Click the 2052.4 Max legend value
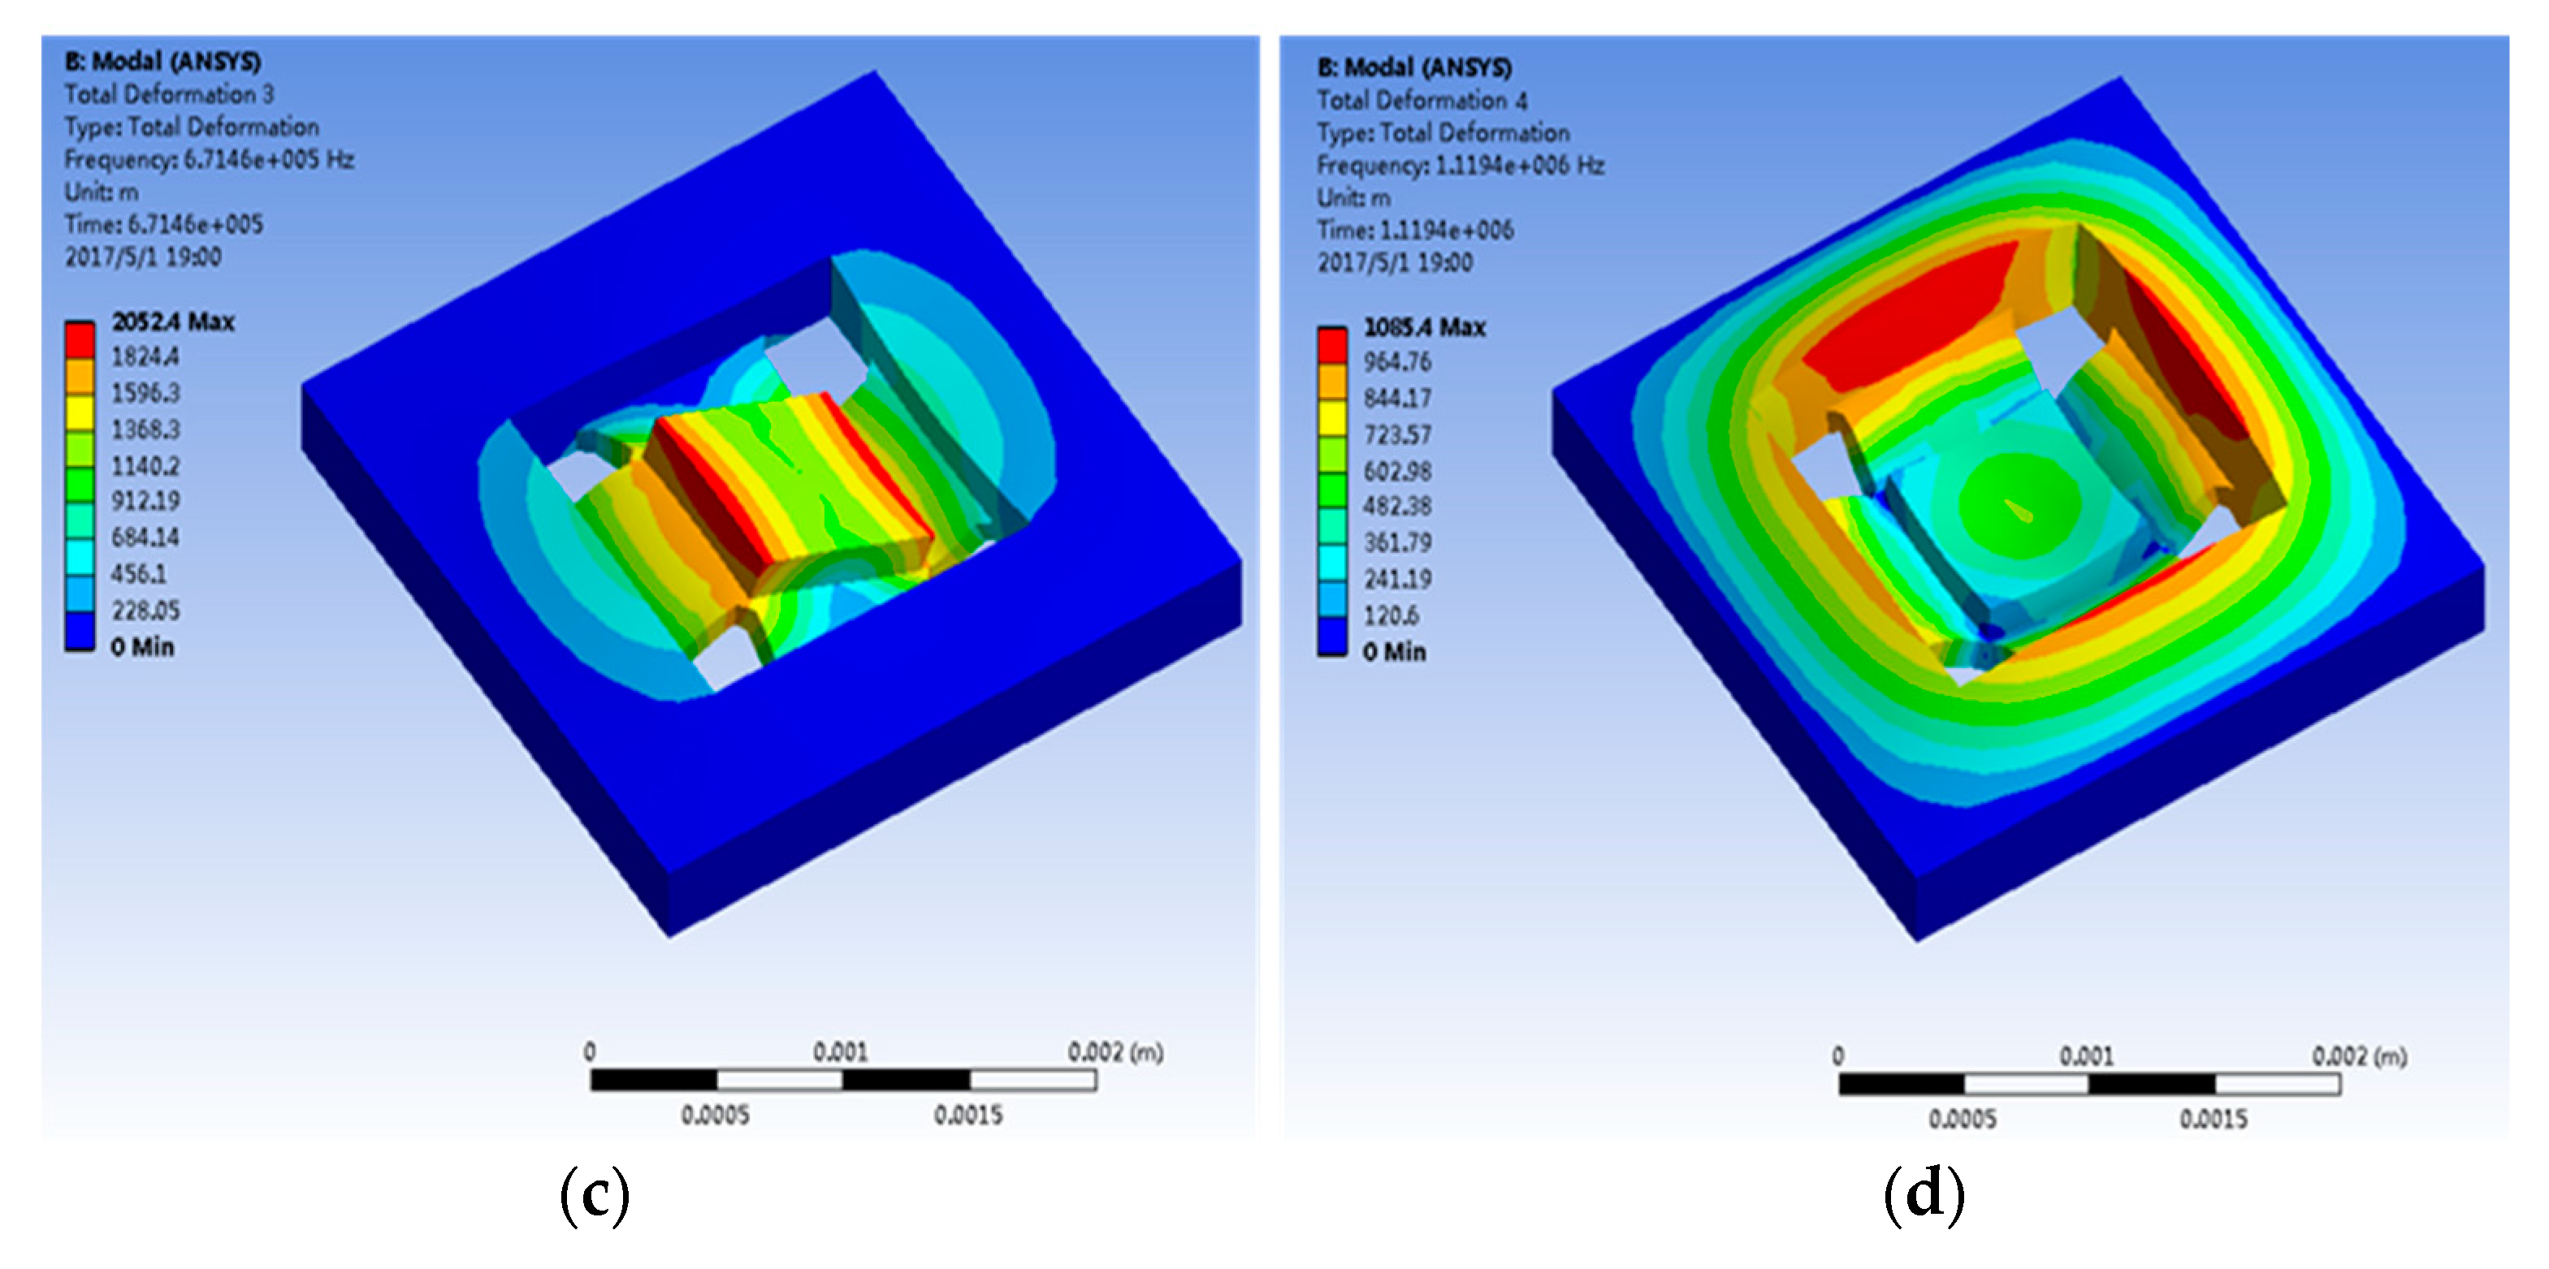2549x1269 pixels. (x=172, y=322)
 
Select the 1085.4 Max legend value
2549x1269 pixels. (x=1424, y=327)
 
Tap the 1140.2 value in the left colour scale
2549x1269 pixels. (x=145, y=465)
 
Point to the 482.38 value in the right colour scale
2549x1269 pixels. (x=1396, y=507)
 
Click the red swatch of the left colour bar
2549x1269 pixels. (x=79, y=339)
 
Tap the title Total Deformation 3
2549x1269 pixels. (x=169, y=94)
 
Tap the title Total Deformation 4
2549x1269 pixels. (x=1421, y=100)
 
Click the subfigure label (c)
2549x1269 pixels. (x=594, y=1195)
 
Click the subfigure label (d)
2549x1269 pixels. (x=1923, y=1195)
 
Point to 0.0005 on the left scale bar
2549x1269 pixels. (x=715, y=1116)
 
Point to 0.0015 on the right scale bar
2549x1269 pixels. (x=2213, y=1120)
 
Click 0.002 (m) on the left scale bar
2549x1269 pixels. (x=1114, y=1051)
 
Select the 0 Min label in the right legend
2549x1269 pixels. (x=1393, y=652)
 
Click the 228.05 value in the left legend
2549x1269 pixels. (x=145, y=611)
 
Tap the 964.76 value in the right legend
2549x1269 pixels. (x=1396, y=362)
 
